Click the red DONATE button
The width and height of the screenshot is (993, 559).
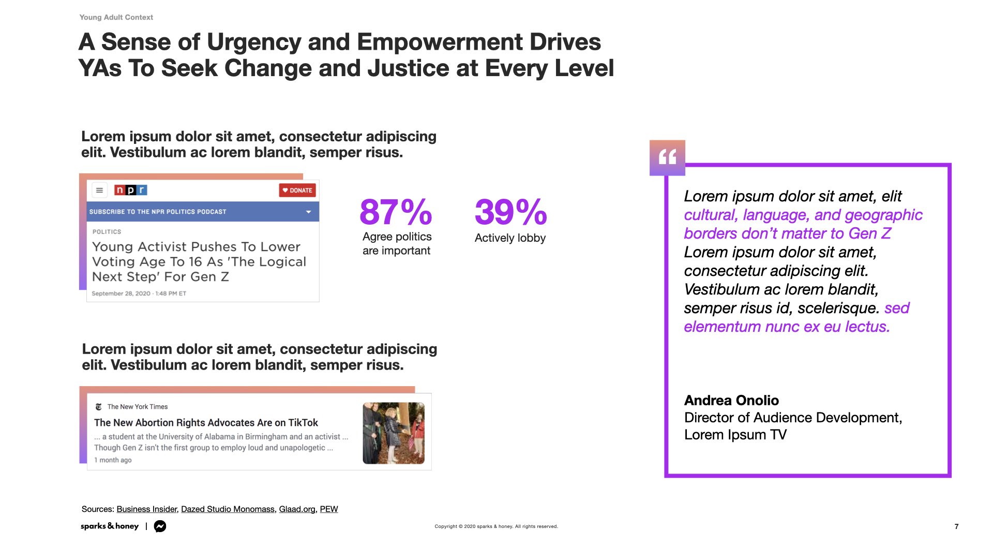click(x=297, y=190)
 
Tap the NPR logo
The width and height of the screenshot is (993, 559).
click(x=131, y=190)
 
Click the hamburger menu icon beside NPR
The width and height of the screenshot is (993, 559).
click(x=100, y=190)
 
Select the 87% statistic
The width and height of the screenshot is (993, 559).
click(x=396, y=212)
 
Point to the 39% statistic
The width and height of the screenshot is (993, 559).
click(x=510, y=212)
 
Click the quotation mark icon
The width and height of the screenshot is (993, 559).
click(x=667, y=157)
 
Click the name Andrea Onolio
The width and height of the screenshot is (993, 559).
click(x=731, y=400)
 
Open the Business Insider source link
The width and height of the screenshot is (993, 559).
click(x=147, y=509)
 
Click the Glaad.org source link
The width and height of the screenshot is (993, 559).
click(x=297, y=509)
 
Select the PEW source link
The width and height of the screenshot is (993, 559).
click(x=329, y=509)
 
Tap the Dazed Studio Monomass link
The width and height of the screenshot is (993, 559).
click(x=228, y=509)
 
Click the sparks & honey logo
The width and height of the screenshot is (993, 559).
click(x=110, y=526)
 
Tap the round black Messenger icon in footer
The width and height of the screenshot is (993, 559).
click(x=160, y=526)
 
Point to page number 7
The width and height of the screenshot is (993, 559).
click(x=956, y=526)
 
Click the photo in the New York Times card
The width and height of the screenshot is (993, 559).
click(x=394, y=433)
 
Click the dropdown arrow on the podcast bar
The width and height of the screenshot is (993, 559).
click(x=309, y=212)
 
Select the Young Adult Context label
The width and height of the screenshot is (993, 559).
click(x=116, y=17)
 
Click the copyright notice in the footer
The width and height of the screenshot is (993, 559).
click(x=496, y=526)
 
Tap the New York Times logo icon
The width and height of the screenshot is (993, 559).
click(x=99, y=407)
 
